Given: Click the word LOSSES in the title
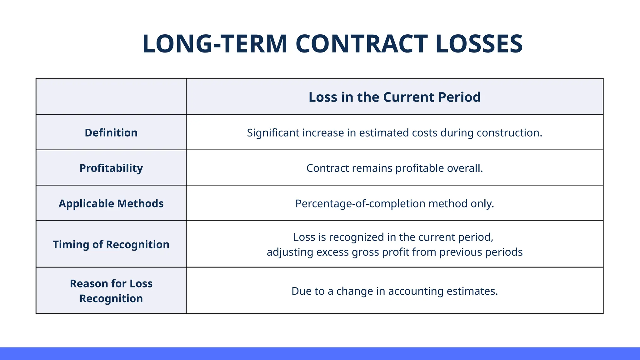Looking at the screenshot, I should click(x=479, y=44).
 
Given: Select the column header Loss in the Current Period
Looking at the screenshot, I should click(x=394, y=97).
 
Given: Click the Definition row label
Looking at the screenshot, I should click(x=111, y=133).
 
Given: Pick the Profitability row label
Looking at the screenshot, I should click(x=111, y=168).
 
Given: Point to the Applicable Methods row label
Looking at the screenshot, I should click(x=111, y=203).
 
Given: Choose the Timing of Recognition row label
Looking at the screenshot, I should click(x=111, y=244).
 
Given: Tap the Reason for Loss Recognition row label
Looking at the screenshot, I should click(x=111, y=291).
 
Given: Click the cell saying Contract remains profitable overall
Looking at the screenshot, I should click(x=394, y=168).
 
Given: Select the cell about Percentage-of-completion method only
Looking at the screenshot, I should click(x=394, y=204).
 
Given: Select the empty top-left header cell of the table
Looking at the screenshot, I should click(x=111, y=97).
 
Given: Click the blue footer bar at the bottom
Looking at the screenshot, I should click(x=320, y=353).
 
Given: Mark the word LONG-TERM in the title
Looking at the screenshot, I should click(x=215, y=44).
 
